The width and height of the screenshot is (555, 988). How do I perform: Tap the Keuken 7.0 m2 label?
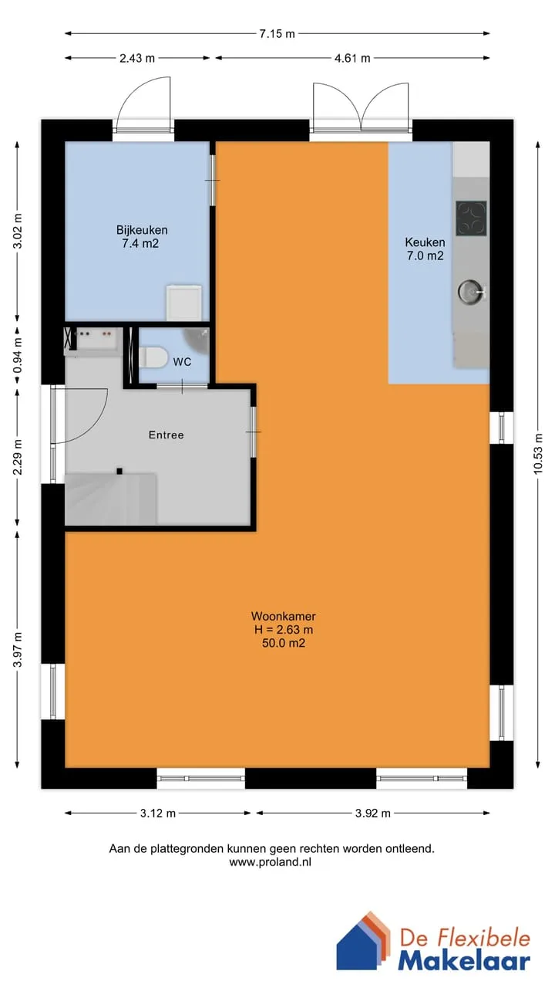[x=425, y=249]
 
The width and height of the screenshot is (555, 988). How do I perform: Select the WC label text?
[x=182, y=362]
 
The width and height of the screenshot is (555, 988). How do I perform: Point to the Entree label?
[x=166, y=435]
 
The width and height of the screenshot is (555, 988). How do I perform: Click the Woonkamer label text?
[x=283, y=616]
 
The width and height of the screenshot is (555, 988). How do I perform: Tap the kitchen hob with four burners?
[x=471, y=218]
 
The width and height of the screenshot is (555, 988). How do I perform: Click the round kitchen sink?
[x=469, y=291]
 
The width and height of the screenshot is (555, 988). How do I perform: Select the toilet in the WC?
[x=153, y=357]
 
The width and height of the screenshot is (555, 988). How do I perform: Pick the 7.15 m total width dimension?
[x=277, y=33]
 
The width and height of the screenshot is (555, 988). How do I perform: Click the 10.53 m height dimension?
[x=538, y=453]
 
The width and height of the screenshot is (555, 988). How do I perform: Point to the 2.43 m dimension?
[x=137, y=58]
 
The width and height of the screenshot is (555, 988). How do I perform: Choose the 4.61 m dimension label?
[x=352, y=58]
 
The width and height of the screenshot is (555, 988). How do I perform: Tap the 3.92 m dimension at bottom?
[x=372, y=814]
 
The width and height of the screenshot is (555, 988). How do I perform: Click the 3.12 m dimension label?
[x=158, y=814]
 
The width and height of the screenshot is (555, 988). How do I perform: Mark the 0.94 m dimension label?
[x=17, y=357]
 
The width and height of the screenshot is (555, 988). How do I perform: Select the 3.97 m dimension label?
[x=17, y=650]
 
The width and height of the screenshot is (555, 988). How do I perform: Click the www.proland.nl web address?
[x=270, y=862]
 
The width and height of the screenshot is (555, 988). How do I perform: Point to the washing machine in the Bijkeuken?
[x=183, y=303]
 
